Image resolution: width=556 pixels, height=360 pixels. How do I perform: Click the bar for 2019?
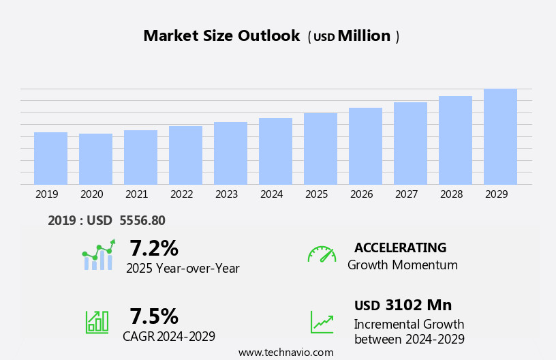pos(50,158)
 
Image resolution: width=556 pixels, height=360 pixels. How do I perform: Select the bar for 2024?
pos(275,151)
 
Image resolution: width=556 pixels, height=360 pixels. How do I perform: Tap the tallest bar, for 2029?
pos(500,136)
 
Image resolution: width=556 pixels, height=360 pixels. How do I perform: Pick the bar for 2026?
pos(365,146)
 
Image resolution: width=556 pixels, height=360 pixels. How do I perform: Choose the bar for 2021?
pos(140,157)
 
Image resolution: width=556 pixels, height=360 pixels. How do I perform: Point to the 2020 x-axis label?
pos(92,194)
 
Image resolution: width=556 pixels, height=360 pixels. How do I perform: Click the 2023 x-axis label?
pos(227,194)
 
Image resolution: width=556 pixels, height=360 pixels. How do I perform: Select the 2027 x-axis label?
pos(407,194)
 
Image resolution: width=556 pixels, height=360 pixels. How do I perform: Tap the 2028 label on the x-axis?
pos(452,194)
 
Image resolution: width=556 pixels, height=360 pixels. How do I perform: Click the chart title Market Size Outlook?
pos(221,36)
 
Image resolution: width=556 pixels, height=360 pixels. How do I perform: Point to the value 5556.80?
pos(142,220)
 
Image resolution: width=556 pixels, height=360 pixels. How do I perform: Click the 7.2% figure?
pos(154,248)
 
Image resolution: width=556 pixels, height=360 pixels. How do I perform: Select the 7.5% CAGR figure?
pos(154,316)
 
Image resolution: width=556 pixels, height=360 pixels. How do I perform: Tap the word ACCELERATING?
pos(400,247)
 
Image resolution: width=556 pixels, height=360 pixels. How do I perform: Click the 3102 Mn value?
pos(418,305)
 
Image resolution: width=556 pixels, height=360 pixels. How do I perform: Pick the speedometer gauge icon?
pos(322,254)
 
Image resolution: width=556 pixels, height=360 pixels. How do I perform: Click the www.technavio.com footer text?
pos(285,352)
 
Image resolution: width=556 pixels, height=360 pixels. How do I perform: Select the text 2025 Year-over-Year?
pos(183,269)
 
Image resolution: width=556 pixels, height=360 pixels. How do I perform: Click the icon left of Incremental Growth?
pos(322,322)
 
